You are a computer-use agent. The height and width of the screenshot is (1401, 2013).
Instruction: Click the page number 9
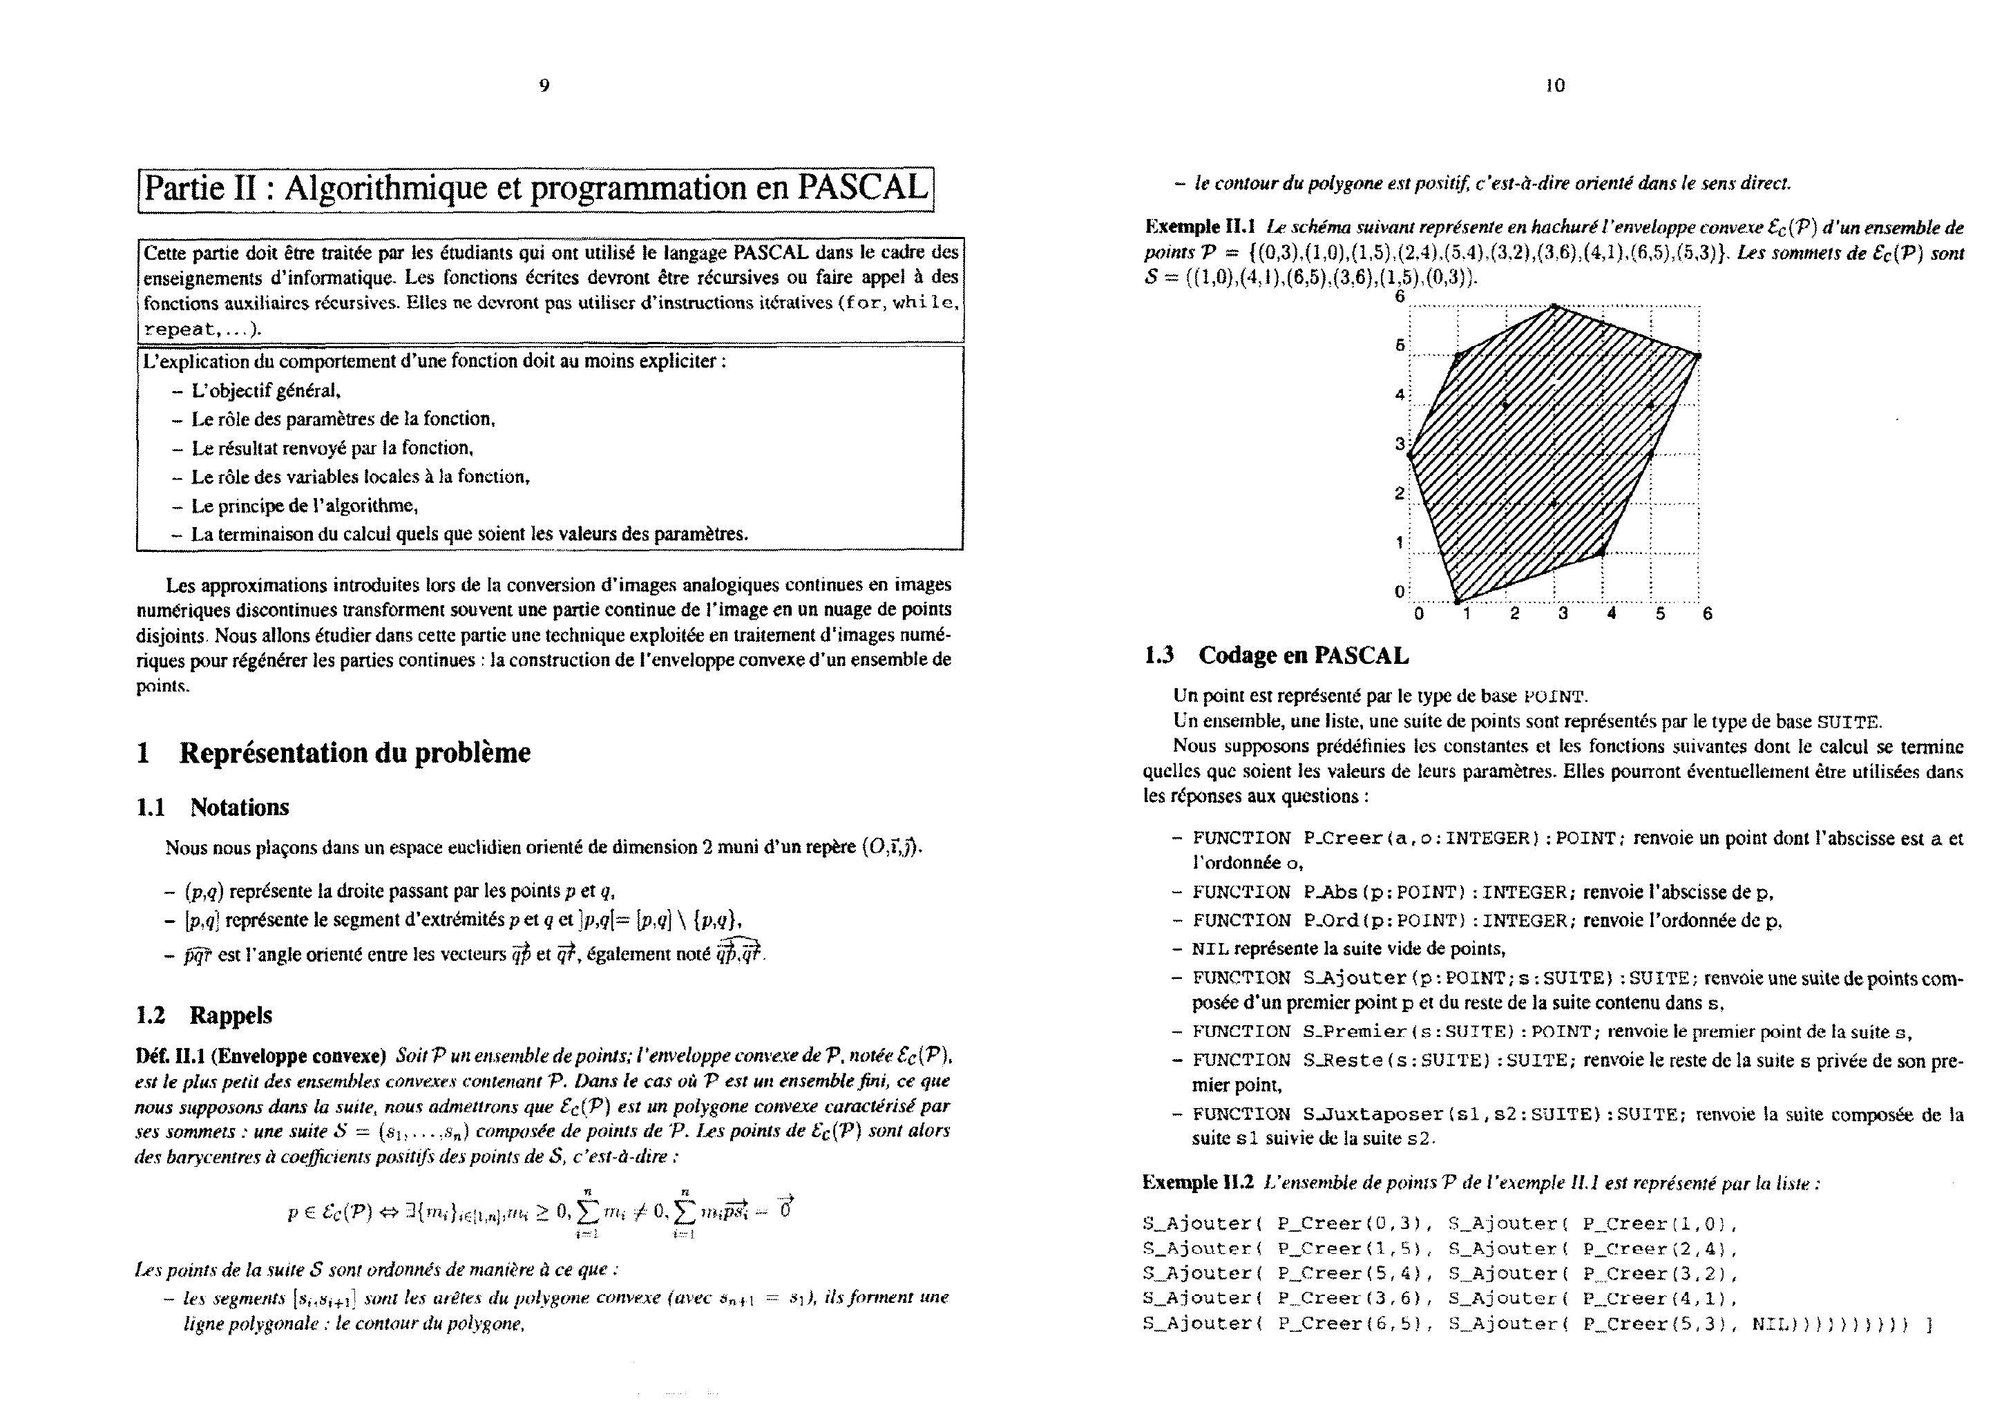point(544,85)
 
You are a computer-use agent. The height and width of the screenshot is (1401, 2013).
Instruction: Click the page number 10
point(1554,85)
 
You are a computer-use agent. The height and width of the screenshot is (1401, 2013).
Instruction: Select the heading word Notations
point(239,808)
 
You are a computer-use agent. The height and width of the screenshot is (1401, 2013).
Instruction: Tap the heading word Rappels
point(231,1016)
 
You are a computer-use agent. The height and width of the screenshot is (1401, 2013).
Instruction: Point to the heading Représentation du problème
point(354,753)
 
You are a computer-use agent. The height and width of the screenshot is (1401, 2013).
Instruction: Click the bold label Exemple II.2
point(1198,1182)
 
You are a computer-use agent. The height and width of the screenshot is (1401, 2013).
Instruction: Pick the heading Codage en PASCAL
point(1303,655)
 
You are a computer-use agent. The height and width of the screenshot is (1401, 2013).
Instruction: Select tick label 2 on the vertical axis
point(1400,493)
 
